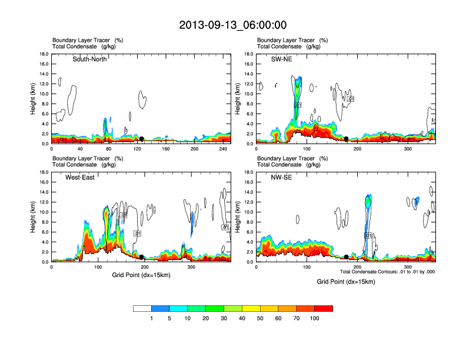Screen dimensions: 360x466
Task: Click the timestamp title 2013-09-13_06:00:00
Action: pyautogui.click(x=233, y=25)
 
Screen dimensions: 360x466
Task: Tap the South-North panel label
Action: pyautogui.click(x=89, y=59)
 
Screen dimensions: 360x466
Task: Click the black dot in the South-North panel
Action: pyautogui.click(x=141, y=139)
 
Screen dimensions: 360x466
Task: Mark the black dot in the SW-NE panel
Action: pyautogui.click(x=347, y=139)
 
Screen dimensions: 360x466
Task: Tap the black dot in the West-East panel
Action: pyautogui.click(x=142, y=257)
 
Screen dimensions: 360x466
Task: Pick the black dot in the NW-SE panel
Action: pyautogui.click(x=346, y=257)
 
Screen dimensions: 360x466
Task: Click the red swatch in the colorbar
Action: pyautogui.click(x=324, y=308)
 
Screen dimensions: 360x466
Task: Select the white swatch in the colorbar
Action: pyautogui.click(x=142, y=308)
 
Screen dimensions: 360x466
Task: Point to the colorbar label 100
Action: pyautogui.click(x=315, y=318)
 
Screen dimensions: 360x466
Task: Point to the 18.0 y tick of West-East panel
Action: pyautogui.click(x=44, y=172)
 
